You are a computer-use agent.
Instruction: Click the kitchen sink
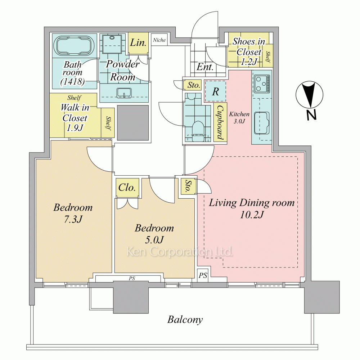[261, 123]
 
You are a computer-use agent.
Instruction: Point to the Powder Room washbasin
[124, 93]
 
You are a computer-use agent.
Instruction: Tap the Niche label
[159, 40]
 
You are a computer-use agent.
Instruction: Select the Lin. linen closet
[138, 43]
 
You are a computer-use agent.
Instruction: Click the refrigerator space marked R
[215, 91]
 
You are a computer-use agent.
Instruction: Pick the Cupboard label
[220, 122]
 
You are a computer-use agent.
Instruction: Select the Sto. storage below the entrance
[193, 85]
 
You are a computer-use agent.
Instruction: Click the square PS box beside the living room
[203, 275]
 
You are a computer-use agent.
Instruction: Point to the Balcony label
[185, 320]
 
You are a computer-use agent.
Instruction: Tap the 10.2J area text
[252, 215]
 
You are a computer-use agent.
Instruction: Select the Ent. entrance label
[205, 67]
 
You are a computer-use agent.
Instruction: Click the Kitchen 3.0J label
[239, 117]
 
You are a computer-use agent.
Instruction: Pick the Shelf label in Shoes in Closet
[268, 57]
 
